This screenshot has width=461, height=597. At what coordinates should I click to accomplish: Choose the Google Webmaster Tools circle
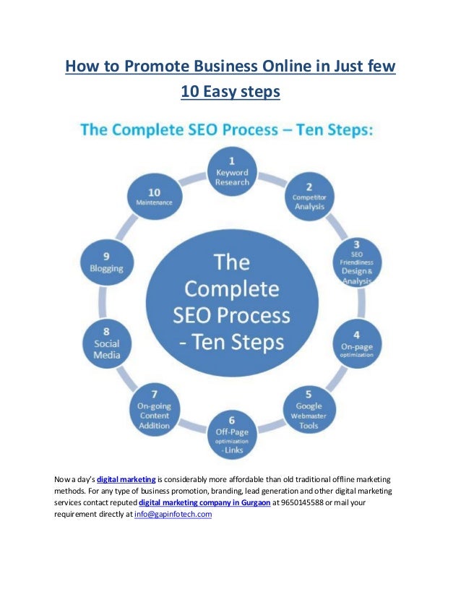(x=309, y=411)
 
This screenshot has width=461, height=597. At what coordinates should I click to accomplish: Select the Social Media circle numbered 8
(x=106, y=345)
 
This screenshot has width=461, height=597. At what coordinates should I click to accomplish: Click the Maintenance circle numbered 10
(x=154, y=197)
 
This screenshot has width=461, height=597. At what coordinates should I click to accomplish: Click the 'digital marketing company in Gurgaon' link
(x=204, y=502)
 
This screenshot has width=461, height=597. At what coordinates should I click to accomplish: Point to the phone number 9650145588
(x=298, y=502)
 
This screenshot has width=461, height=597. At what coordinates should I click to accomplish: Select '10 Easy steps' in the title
(x=231, y=92)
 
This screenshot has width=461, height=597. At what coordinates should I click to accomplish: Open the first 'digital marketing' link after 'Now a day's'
(x=126, y=478)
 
